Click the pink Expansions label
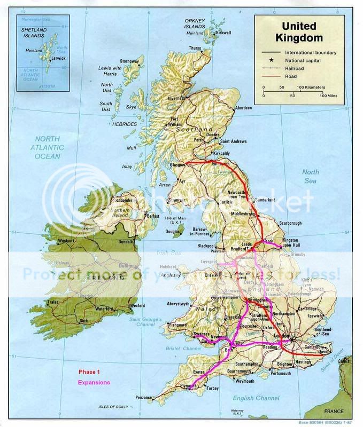(94, 382)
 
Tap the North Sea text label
(311, 176)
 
